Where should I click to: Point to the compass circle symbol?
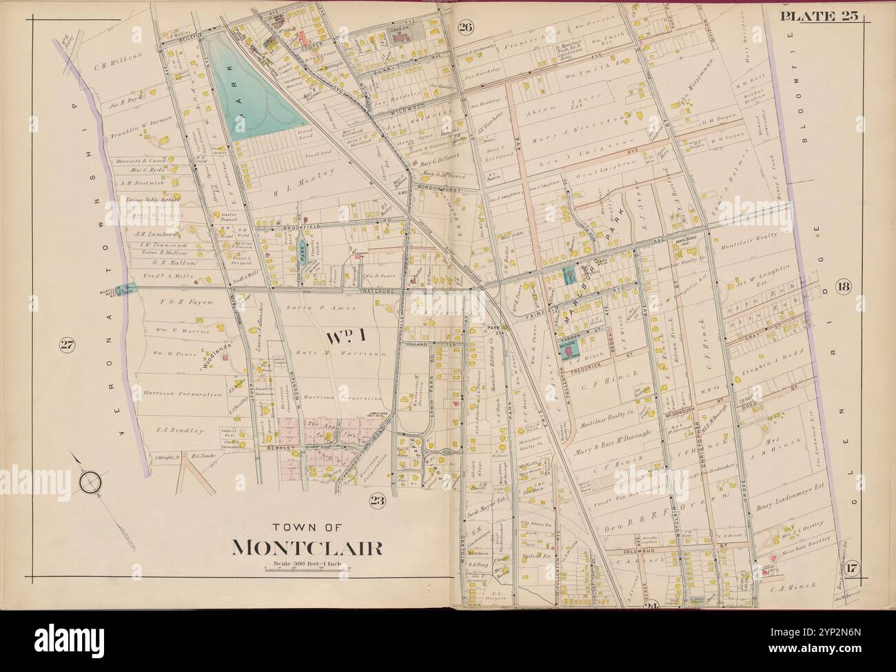coord(91,484)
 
